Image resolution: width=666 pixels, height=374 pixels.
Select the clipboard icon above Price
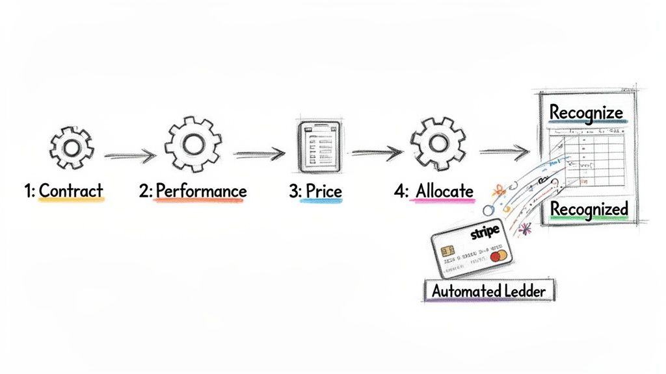(315, 148)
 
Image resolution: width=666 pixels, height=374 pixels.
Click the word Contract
(71, 191)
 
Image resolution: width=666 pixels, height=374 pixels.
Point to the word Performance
(201, 191)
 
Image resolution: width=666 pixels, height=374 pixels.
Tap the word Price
(323, 191)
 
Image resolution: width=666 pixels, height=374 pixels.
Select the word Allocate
(444, 191)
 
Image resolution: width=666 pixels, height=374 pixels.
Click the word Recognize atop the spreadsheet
(586, 112)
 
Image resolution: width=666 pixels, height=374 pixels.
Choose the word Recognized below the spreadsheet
(589, 209)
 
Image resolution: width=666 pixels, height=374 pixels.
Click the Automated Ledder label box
(488, 291)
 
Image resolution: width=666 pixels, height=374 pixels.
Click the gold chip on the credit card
(447, 251)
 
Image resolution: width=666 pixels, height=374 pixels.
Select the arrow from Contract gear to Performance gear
(129, 156)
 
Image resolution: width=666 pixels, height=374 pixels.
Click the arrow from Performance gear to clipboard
(260, 155)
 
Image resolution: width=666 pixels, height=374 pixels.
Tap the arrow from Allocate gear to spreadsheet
(503, 153)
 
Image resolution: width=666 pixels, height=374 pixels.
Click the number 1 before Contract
(28, 191)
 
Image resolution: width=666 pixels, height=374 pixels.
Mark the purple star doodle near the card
(525, 229)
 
